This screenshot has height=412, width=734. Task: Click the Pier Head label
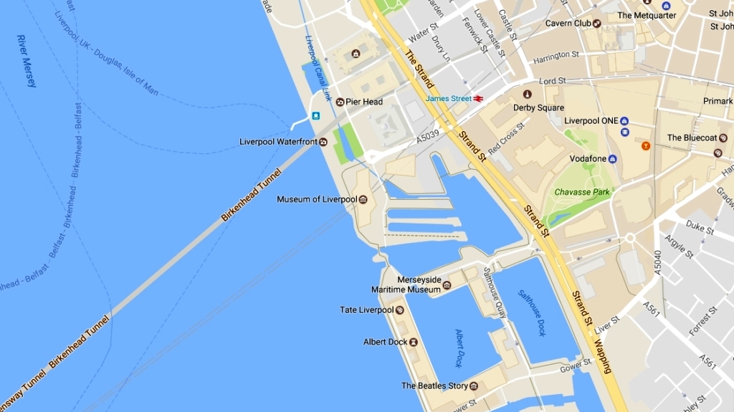pos(364,102)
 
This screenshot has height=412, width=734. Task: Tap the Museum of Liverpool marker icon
pos(363,199)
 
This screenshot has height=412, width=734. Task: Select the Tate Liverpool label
pos(366,310)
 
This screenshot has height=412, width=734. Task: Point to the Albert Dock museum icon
pos(414,342)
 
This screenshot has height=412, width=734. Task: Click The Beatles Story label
pos(434,385)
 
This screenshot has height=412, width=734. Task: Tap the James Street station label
pos(449,98)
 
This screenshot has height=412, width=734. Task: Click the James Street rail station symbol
pos(477,99)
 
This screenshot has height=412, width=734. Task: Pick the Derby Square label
pos(538,107)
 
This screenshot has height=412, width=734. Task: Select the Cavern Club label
pos(568,23)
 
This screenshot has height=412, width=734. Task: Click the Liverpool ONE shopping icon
pos(624,121)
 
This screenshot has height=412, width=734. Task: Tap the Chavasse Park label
pos(582,192)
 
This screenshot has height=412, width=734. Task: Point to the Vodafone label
pos(588,158)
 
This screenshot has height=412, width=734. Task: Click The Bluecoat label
pos(692,138)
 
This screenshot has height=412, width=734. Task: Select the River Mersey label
pos(27,61)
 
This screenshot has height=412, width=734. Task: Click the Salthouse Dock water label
pos(533,312)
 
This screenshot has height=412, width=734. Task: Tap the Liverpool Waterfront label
pos(278,142)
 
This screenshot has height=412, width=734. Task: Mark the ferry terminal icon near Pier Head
pos(315,116)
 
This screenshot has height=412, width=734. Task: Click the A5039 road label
pos(429,135)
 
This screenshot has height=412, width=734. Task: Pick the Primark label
pos(718,101)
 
